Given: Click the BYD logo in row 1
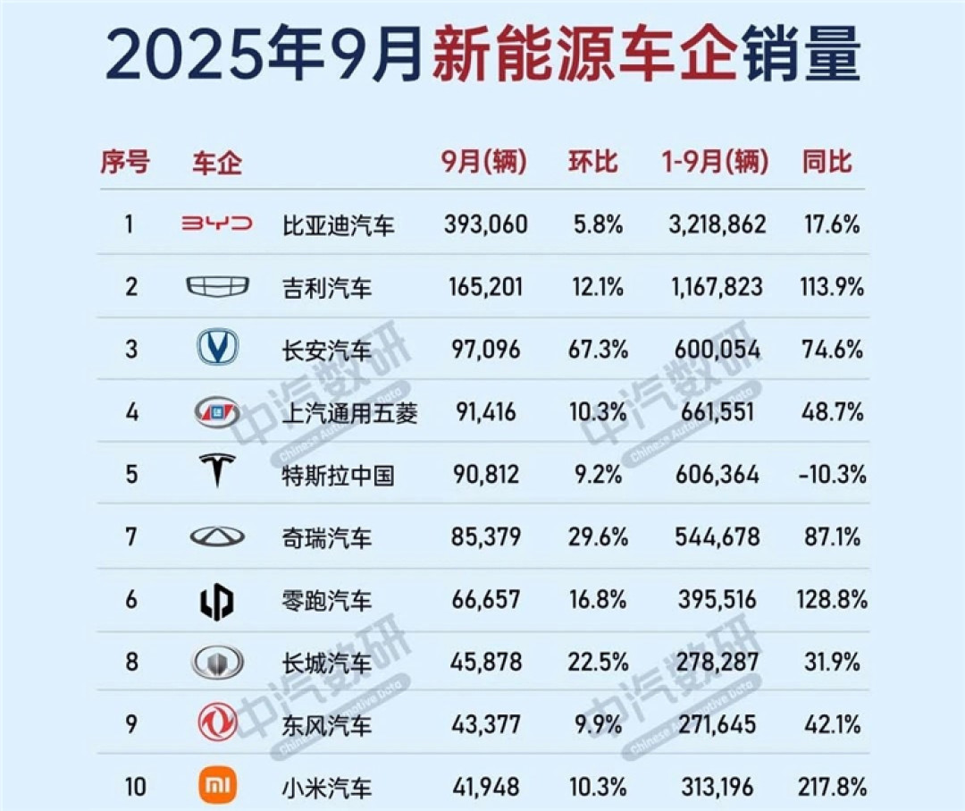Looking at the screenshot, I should pos(217,224).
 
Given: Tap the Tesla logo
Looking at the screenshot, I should pos(217,471).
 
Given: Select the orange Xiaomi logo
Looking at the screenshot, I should pos(217,787).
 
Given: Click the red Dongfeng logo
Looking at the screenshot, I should pos(217,722).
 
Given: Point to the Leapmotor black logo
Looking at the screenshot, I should pos(217,600).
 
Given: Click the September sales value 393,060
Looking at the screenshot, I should pos(485,224).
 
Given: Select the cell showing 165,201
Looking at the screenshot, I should pos(485,288).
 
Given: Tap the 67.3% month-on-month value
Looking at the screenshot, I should pos(598,350).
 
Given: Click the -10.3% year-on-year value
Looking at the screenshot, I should pos(832,475).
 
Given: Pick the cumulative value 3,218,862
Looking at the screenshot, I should pos(717,224).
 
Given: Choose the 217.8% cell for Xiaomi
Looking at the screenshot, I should pos(832,788).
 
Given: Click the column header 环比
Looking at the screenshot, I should pos(593,163).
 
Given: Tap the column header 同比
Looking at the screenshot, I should pos(827,163).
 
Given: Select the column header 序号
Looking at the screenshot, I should pos(124,163).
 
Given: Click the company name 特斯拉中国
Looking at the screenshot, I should pos(338,475).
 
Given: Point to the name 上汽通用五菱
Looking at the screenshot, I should pos(349,412).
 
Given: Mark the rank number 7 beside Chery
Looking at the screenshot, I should pos(131,536).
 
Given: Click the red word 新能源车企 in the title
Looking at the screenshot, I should pos(585,55).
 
